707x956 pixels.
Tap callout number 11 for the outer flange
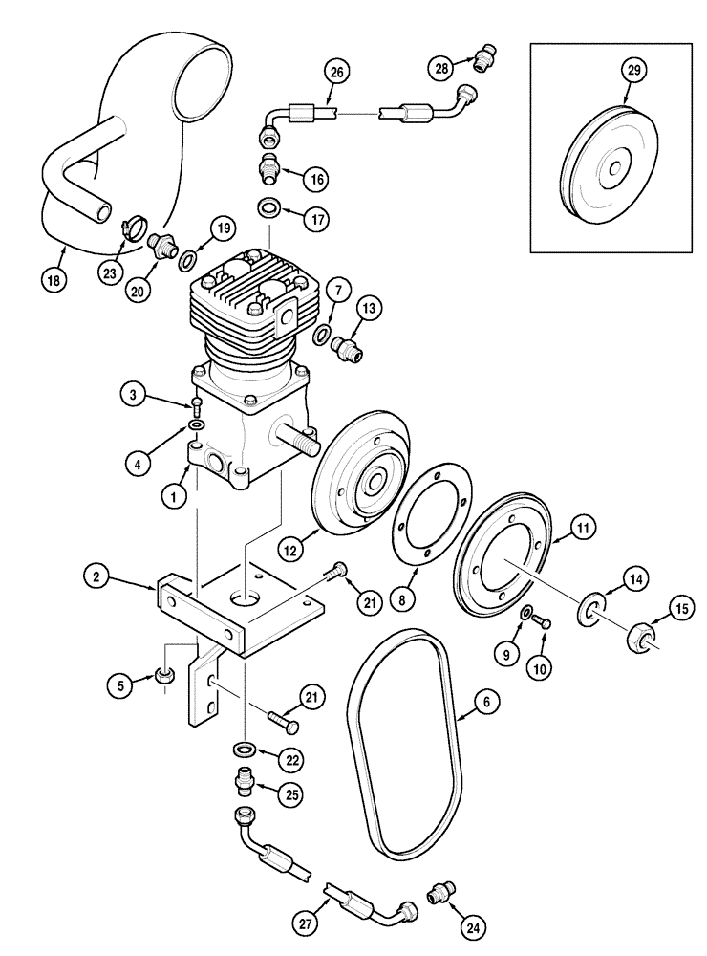[583, 527]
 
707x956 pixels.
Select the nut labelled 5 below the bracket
[164, 678]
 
